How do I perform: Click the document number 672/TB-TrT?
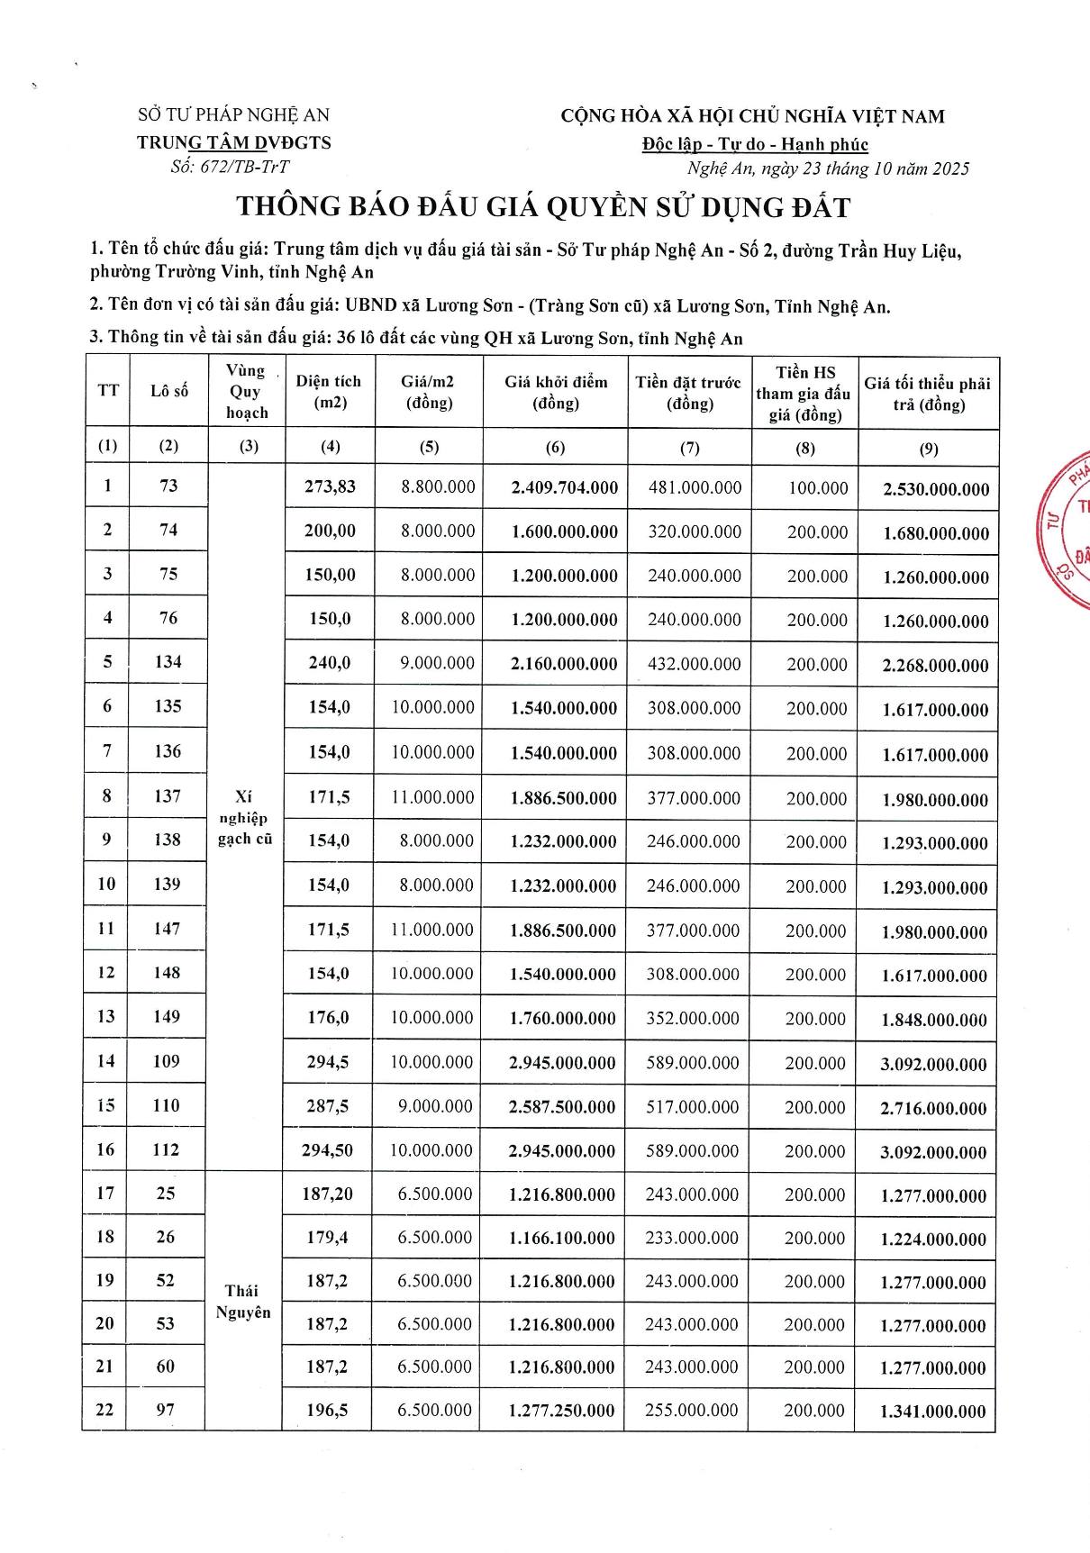point(230,167)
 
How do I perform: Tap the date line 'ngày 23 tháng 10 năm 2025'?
point(828,168)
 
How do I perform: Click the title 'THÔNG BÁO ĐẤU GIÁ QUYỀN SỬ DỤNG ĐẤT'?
point(543,207)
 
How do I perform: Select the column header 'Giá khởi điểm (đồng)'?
point(555,392)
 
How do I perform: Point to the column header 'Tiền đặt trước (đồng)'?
point(688,392)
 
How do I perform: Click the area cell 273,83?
point(330,486)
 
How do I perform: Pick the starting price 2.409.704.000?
point(564,487)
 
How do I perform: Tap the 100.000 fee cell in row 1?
point(818,488)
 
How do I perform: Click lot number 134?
point(168,662)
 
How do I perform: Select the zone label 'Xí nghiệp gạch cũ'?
point(244,818)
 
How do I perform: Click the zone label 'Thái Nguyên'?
point(242,1301)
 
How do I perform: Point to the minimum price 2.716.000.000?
point(933,1108)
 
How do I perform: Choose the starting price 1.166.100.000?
point(561,1239)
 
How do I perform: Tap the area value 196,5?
point(327,1410)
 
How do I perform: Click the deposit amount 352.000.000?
point(693,1018)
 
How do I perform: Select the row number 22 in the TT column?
point(105,1410)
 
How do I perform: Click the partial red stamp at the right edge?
point(1067,531)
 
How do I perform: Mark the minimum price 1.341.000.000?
point(932,1412)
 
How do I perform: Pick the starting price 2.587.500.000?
point(562,1107)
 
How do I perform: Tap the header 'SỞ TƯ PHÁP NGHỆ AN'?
point(233,115)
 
